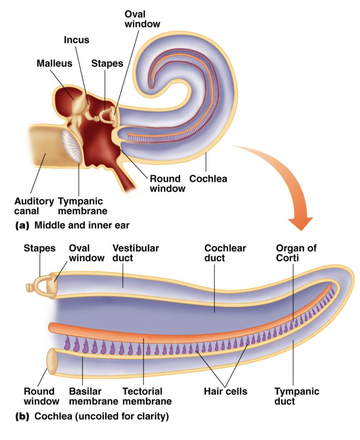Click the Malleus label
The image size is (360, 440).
pyautogui.click(x=54, y=63)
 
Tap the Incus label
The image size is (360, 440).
pyautogui.click(x=76, y=40)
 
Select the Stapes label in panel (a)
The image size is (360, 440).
pyautogui.click(x=107, y=63)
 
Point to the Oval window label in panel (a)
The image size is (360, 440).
pyautogui.click(x=142, y=19)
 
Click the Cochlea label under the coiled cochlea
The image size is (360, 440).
pyautogui.click(x=208, y=178)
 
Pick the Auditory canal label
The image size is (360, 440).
pyautogui.click(x=34, y=206)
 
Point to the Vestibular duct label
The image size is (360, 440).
pyautogui.click(x=135, y=253)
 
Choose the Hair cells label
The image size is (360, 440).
pyautogui.click(x=226, y=391)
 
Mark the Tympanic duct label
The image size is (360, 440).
pyautogui.click(x=297, y=396)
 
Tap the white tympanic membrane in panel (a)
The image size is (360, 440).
pyautogui.click(x=72, y=147)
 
